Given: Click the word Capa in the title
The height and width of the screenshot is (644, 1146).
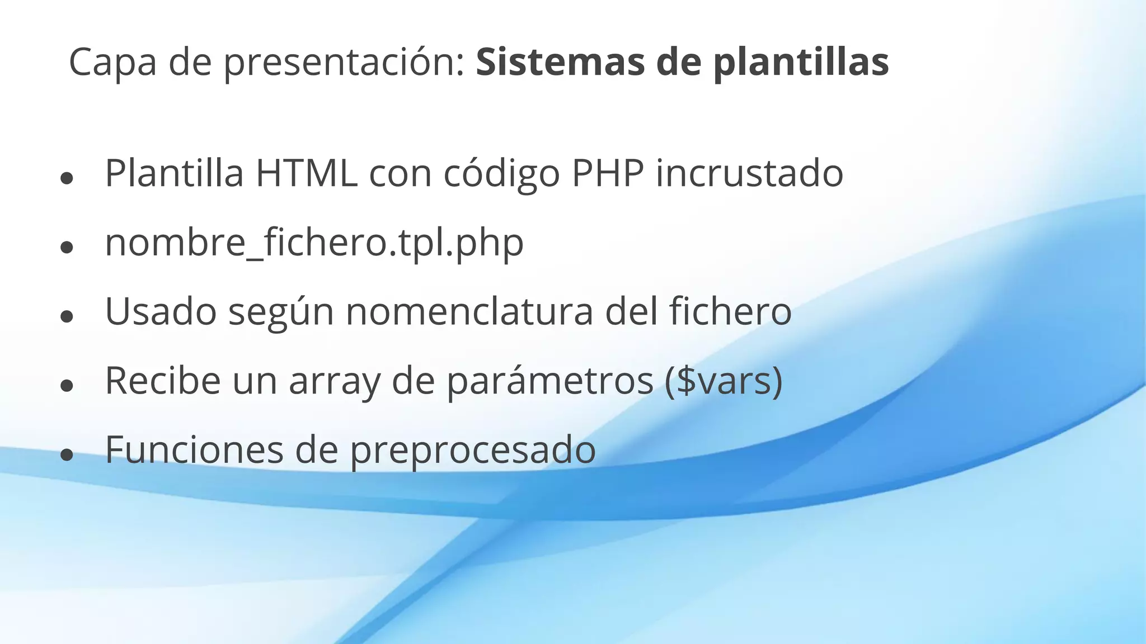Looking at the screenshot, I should (x=112, y=63).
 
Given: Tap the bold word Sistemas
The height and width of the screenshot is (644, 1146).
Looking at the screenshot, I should (x=560, y=63).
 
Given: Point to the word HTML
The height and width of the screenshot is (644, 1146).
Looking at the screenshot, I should (x=306, y=173).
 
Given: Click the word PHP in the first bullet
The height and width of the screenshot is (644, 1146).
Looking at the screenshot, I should (x=607, y=173).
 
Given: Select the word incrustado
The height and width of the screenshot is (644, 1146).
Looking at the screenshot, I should (x=749, y=173).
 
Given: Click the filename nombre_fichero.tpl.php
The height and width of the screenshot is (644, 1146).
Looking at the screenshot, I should (x=314, y=243).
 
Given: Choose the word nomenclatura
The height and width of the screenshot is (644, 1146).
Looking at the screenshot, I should (x=469, y=311).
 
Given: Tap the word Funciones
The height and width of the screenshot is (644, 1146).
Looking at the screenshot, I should (x=194, y=449).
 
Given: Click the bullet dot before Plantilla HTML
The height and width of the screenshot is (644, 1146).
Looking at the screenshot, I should (x=67, y=178).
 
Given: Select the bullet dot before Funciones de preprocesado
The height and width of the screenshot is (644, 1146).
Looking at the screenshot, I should (x=67, y=454).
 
